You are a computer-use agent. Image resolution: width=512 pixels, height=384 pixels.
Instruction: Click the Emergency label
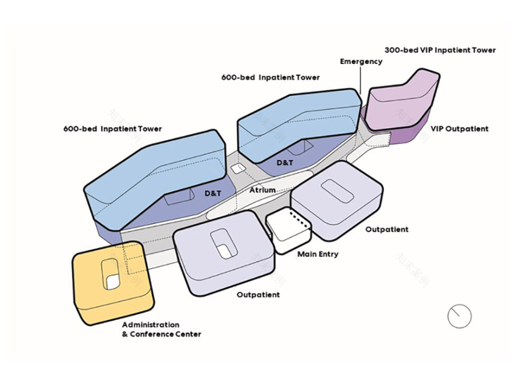click(361, 61)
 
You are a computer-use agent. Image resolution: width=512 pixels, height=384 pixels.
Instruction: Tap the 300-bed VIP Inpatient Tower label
click(440, 50)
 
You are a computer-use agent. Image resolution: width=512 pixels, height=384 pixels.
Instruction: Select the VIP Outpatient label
click(459, 129)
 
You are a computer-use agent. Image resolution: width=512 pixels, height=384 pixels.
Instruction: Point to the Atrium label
click(262, 190)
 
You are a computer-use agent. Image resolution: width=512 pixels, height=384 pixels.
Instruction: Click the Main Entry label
click(318, 254)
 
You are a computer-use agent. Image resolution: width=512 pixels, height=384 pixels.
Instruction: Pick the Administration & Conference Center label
click(161, 329)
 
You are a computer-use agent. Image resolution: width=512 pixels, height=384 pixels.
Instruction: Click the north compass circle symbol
click(459, 315)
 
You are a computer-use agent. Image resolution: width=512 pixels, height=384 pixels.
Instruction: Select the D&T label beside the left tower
click(213, 192)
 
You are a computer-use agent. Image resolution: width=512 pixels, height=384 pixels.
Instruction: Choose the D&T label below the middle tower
click(285, 163)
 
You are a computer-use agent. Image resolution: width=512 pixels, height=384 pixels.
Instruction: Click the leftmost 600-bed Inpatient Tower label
click(112, 129)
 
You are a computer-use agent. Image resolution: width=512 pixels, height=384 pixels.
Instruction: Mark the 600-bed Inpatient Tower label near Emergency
click(270, 77)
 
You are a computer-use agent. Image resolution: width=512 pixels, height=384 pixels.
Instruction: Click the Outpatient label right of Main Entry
click(386, 229)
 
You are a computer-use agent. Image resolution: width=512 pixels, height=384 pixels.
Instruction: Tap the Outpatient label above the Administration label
click(258, 295)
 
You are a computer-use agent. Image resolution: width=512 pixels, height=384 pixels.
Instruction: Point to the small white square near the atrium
click(237, 168)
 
